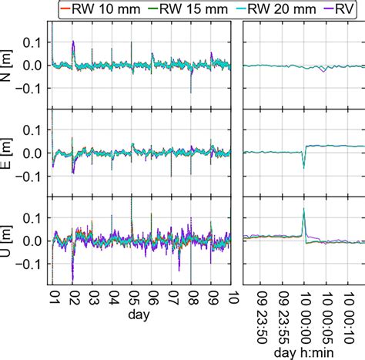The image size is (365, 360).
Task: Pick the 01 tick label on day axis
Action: click(53, 298)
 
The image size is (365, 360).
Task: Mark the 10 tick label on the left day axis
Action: click(232, 298)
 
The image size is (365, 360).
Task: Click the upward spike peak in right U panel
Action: click(304, 209)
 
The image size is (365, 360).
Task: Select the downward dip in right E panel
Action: click(304, 167)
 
